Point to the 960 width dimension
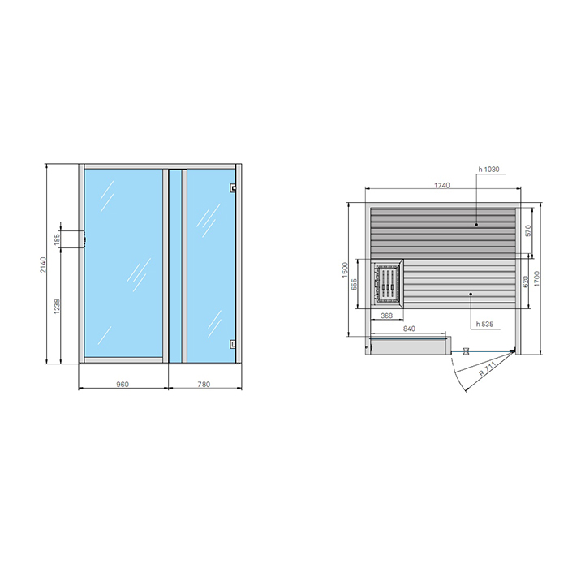123,384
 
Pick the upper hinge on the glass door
233,188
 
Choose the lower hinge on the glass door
233,342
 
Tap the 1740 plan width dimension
442,186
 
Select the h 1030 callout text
488,170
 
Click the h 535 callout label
482,324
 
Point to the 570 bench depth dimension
527,230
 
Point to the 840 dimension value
408,329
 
